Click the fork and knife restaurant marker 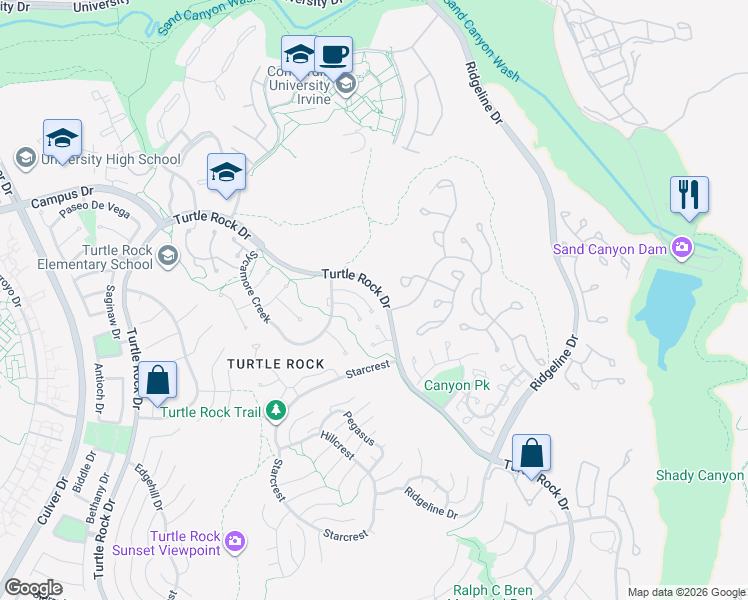tap(689, 194)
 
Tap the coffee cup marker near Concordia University tap(333, 54)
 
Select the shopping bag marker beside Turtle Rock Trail tap(157, 381)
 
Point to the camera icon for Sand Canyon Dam tap(682, 247)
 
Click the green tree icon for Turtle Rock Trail tap(275, 411)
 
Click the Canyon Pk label tap(456, 385)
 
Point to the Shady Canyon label tap(700, 476)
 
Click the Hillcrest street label tap(337, 445)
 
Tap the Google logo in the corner tap(33, 588)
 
